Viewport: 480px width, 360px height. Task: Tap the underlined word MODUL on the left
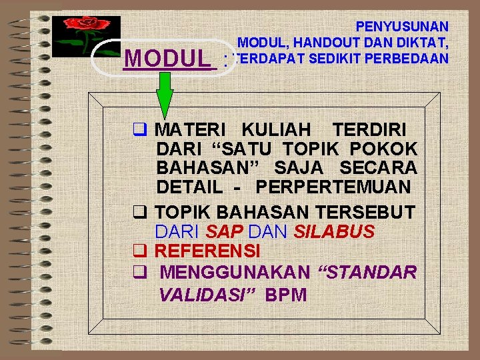click(167, 59)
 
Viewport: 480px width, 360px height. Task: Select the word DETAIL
click(190, 187)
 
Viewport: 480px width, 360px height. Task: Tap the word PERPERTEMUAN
click(333, 187)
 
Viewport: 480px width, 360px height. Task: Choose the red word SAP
click(219, 232)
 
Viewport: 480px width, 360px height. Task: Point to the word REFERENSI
click(207, 251)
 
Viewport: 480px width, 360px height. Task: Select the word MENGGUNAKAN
click(235, 272)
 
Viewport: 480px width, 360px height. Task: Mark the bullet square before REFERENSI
click(140, 251)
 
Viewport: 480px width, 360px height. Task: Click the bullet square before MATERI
click(140, 129)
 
